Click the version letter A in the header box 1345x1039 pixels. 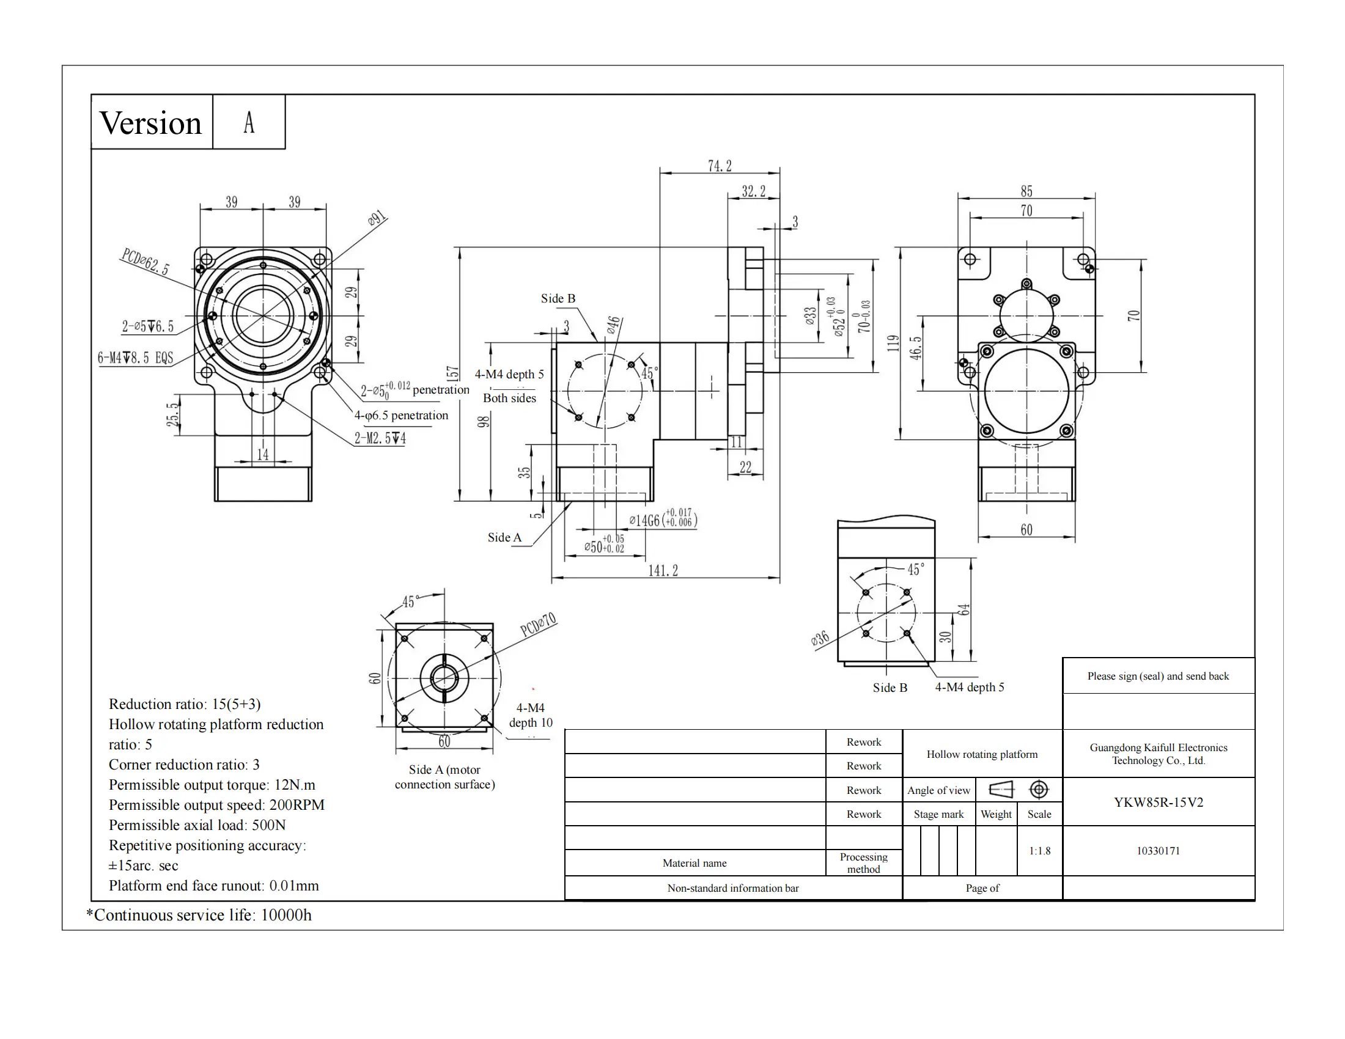pos(249,122)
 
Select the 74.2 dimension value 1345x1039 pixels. pos(720,166)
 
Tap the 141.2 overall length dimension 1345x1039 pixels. pos(663,571)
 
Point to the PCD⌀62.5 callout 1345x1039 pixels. pos(145,262)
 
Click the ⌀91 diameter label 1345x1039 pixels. pos(377,219)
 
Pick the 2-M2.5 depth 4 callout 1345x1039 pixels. pos(380,438)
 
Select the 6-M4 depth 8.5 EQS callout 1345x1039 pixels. pos(136,358)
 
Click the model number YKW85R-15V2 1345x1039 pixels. pos(1158,802)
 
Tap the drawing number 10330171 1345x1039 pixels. pos(1158,851)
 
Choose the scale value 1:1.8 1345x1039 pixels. pos(1039,851)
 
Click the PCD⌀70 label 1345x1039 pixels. pos(538,624)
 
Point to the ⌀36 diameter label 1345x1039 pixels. pos(820,639)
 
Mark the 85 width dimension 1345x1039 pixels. pos(1026,191)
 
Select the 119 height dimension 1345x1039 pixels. pos(893,343)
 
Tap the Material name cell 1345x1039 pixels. pos(694,863)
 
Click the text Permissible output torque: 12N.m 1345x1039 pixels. pos(212,785)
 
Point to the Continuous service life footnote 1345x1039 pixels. pos(199,915)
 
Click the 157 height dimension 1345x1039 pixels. pos(452,373)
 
